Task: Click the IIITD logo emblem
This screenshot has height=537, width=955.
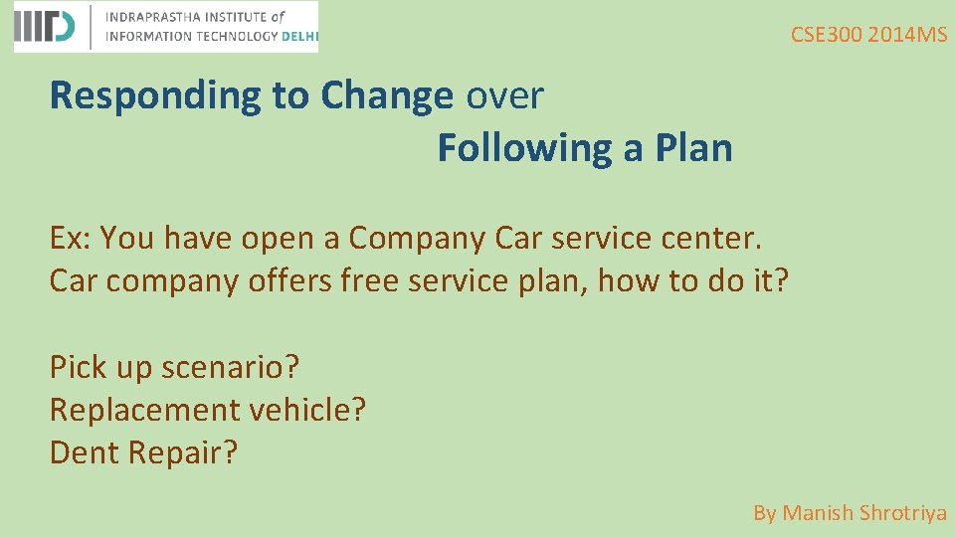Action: pyautogui.click(x=45, y=27)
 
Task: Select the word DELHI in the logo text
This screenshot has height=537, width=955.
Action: pyautogui.click(x=299, y=37)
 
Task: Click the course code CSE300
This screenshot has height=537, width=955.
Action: pyautogui.click(x=826, y=35)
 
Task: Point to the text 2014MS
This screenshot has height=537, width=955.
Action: pyautogui.click(x=907, y=35)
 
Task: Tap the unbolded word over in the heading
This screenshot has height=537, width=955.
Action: pyautogui.click(x=504, y=96)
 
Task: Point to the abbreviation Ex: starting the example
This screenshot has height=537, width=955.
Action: pyautogui.click(x=72, y=239)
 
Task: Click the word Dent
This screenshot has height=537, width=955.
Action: pyautogui.click(x=84, y=452)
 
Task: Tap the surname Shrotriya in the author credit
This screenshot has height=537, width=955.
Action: pyautogui.click(x=902, y=513)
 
